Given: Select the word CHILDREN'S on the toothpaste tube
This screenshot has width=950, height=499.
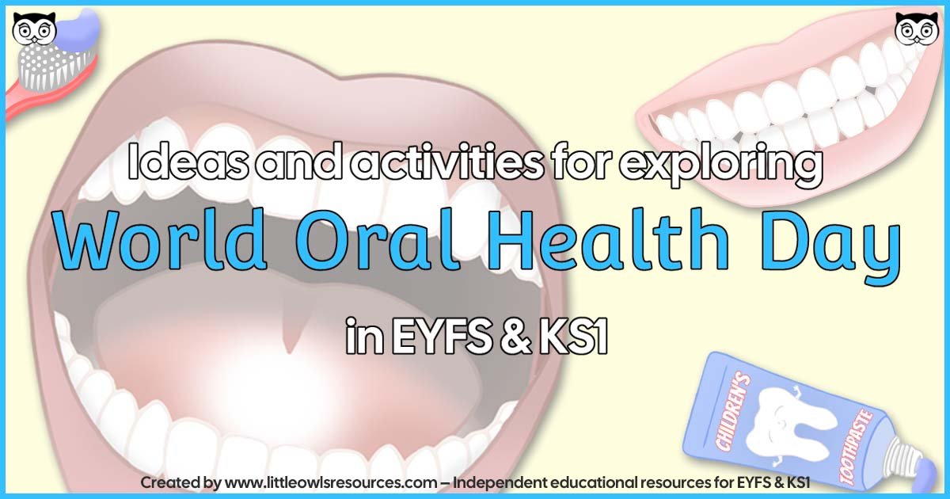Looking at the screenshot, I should coord(732,399).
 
